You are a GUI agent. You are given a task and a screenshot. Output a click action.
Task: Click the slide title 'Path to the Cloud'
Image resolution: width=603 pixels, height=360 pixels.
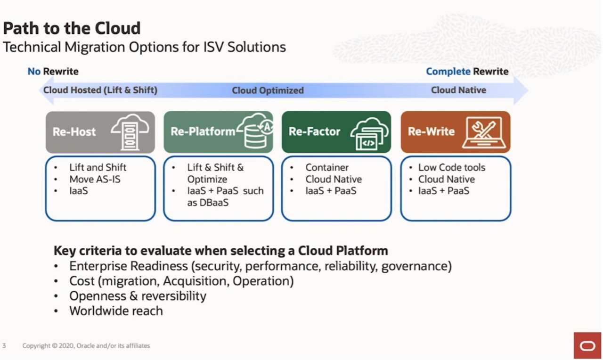(72, 28)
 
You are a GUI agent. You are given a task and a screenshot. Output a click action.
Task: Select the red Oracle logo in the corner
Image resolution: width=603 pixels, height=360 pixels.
(587, 346)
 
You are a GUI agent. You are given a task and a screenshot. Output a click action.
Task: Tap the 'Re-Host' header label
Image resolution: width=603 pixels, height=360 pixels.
(74, 132)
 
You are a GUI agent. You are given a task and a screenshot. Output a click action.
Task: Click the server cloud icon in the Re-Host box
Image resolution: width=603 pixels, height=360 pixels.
(130, 132)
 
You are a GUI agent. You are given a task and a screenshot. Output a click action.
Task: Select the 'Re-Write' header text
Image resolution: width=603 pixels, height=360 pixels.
(431, 132)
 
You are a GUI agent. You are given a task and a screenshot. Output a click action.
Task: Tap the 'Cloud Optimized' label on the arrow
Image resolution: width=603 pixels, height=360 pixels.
(268, 90)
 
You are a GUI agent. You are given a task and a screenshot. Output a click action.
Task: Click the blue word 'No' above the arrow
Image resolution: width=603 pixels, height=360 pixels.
(34, 72)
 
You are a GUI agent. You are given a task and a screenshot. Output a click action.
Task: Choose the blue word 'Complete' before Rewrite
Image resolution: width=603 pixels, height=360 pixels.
(448, 72)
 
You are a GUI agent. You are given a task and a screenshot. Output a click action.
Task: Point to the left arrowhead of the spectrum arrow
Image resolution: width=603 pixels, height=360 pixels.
(45, 90)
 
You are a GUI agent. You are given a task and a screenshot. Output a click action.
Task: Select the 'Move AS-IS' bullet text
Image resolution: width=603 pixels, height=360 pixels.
(95, 179)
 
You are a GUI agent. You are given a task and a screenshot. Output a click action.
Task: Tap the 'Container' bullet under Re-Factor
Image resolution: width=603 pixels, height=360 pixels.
(327, 167)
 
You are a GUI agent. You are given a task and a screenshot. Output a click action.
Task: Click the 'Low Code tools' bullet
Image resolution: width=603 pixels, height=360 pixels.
(451, 167)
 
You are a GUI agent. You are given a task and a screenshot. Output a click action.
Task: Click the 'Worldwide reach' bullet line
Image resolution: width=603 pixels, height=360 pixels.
(116, 311)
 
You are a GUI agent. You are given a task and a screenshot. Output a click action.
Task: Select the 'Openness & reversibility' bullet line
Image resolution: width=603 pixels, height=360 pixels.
(138, 296)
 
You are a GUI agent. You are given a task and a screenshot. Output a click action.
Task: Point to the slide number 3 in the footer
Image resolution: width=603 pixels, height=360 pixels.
(4, 346)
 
